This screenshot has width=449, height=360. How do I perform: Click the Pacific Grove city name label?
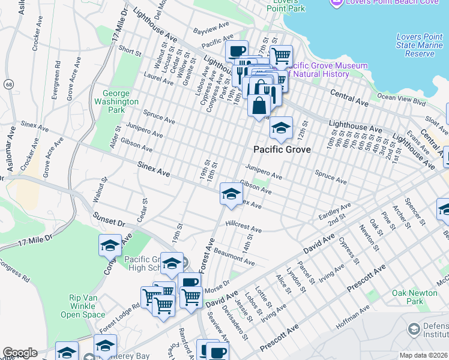click(x=282, y=149)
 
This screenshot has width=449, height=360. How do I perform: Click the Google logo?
click(x=20, y=353)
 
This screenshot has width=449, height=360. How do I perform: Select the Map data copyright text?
click(x=424, y=355)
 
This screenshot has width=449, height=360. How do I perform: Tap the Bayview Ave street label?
click(x=211, y=28)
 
